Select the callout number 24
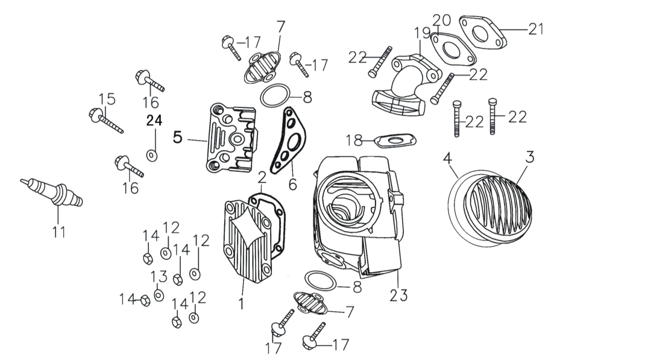click(x=155, y=121)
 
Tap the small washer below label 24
click(x=152, y=156)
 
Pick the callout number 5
click(x=177, y=137)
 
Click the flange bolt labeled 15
click(x=105, y=120)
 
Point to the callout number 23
click(x=398, y=295)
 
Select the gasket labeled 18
click(x=395, y=141)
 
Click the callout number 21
click(x=536, y=29)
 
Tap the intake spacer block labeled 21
click(x=483, y=31)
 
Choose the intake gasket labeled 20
click(x=453, y=49)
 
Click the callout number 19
click(x=422, y=33)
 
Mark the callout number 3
click(x=530, y=157)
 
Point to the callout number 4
click(x=447, y=158)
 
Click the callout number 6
click(x=292, y=184)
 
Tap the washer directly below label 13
click(x=159, y=295)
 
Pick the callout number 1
click(x=241, y=304)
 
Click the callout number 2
click(x=262, y=178)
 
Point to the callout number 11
click(x=59, y=232)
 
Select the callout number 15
click(x=107, y=99)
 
